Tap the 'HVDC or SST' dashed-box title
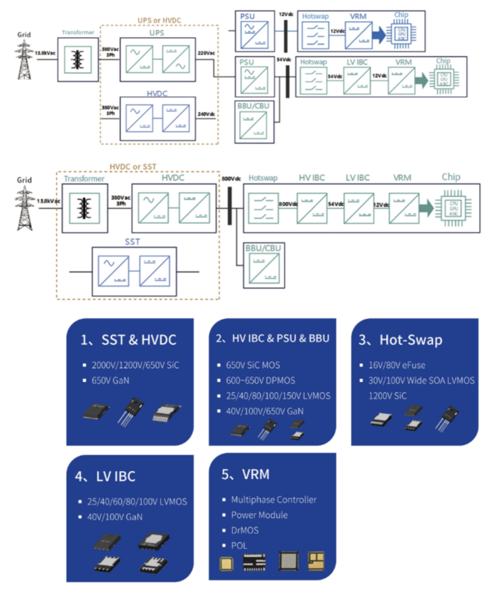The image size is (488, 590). coord(132,166)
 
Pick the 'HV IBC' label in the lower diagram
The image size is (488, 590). coord(311,178)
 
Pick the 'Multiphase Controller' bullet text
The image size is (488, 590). coord(274,500)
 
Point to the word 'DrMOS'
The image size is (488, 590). coord(245,530)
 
